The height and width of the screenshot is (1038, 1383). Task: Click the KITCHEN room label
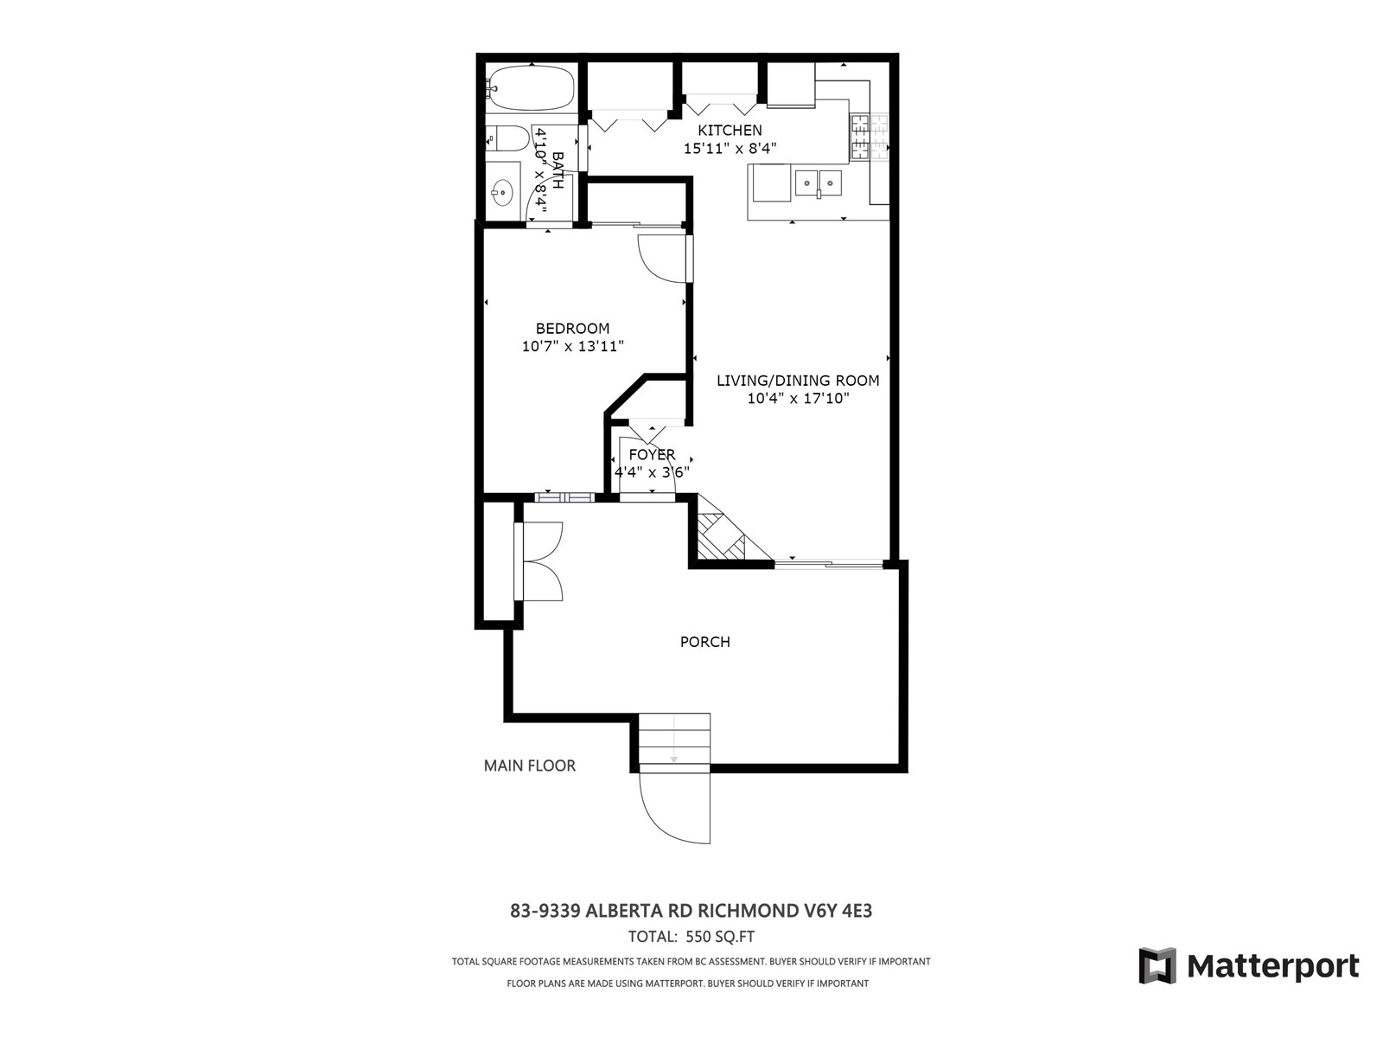730,131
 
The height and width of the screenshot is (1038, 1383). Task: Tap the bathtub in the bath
532,87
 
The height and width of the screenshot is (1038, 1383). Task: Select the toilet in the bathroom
508,138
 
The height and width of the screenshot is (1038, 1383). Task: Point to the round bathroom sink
503,189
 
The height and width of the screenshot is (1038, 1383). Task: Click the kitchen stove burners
869,137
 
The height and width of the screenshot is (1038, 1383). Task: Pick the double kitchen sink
818,183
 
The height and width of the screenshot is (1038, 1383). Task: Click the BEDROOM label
573,329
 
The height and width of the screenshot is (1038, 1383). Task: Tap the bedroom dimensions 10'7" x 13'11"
573,346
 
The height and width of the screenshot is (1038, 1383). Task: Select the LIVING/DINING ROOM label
798,381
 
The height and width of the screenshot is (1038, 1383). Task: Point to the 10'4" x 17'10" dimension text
799,398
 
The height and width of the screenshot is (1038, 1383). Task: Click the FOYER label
652,454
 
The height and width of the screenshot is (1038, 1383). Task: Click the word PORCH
705,642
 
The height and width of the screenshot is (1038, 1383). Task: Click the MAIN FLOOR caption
529,766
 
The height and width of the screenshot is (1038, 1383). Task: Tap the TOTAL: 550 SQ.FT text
691,937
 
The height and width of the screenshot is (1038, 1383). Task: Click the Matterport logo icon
1157,964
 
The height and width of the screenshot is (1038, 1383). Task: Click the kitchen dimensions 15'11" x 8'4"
730,149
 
